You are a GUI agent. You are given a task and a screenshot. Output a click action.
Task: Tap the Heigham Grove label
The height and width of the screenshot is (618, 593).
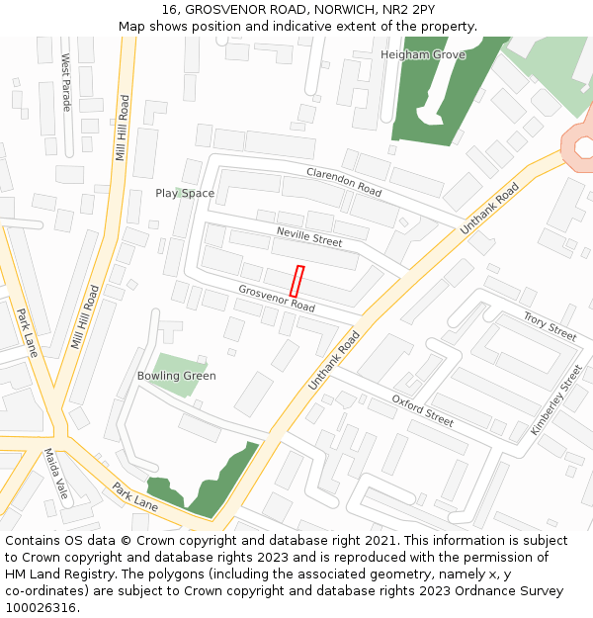point(422,54)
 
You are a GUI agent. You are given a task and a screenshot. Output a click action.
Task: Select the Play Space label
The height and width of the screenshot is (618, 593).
point(185,193)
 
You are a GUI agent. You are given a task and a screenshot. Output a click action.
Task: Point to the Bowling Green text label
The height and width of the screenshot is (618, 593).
point(176,376)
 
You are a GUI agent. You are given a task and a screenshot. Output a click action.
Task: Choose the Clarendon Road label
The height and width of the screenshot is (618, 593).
point(344,181)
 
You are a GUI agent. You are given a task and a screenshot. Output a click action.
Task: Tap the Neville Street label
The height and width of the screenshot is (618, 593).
point(309,235)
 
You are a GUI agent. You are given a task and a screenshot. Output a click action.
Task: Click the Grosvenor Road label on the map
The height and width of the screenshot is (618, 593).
point(277,299)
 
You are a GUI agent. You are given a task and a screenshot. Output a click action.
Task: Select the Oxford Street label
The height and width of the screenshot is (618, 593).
point(422,410)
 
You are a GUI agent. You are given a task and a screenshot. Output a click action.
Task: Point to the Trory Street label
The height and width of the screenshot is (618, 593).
point(550,327)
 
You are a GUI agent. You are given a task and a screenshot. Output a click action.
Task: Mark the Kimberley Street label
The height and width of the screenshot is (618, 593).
point(556,399)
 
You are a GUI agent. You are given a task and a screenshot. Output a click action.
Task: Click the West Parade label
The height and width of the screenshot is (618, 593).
point(66,82)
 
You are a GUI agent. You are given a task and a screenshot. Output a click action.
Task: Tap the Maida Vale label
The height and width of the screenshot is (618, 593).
point(54,476)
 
